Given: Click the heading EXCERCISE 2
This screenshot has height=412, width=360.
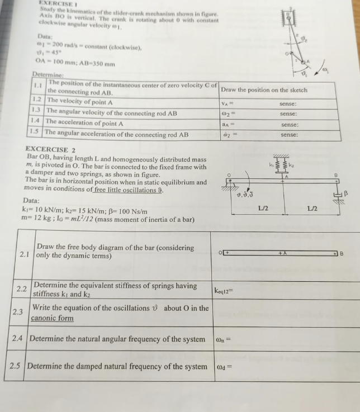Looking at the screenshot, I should [50, 150].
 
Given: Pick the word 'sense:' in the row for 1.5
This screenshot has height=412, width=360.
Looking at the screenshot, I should [289, 135].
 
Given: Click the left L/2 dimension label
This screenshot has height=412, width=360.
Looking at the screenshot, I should [263, 208].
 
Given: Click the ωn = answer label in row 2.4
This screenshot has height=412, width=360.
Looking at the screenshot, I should [222, 339].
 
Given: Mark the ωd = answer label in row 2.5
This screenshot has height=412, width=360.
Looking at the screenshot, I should [222, 367].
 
